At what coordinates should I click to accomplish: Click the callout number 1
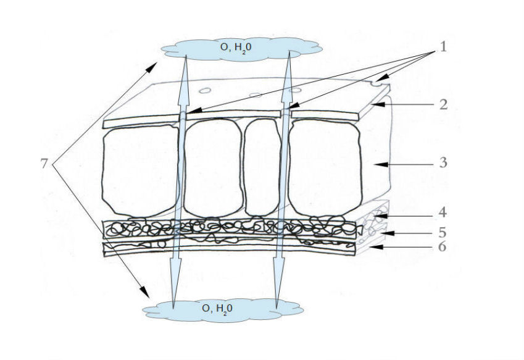coord(443,48)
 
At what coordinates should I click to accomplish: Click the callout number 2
coord(443,104)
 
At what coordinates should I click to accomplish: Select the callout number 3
coord(443,163)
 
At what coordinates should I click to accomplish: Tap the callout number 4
coord(443,212)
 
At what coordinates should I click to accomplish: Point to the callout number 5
coord(443,232)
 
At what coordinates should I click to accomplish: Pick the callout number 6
coord(442,246)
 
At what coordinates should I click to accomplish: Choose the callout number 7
coord(44,164)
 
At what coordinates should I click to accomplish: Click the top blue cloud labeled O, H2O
coord(241,49)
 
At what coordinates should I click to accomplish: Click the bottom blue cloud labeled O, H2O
coord(223,310)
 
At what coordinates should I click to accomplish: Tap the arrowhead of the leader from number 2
coord(378,105)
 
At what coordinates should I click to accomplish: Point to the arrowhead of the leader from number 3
coord(380,164)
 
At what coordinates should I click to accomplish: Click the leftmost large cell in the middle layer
coord(139,170)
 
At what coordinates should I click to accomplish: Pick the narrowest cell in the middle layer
coord(262,167)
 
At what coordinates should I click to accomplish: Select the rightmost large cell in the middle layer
coord(325,168)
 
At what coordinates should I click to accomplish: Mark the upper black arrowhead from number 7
coord(152,66)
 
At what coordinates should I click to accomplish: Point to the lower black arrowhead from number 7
coord(145,291)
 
